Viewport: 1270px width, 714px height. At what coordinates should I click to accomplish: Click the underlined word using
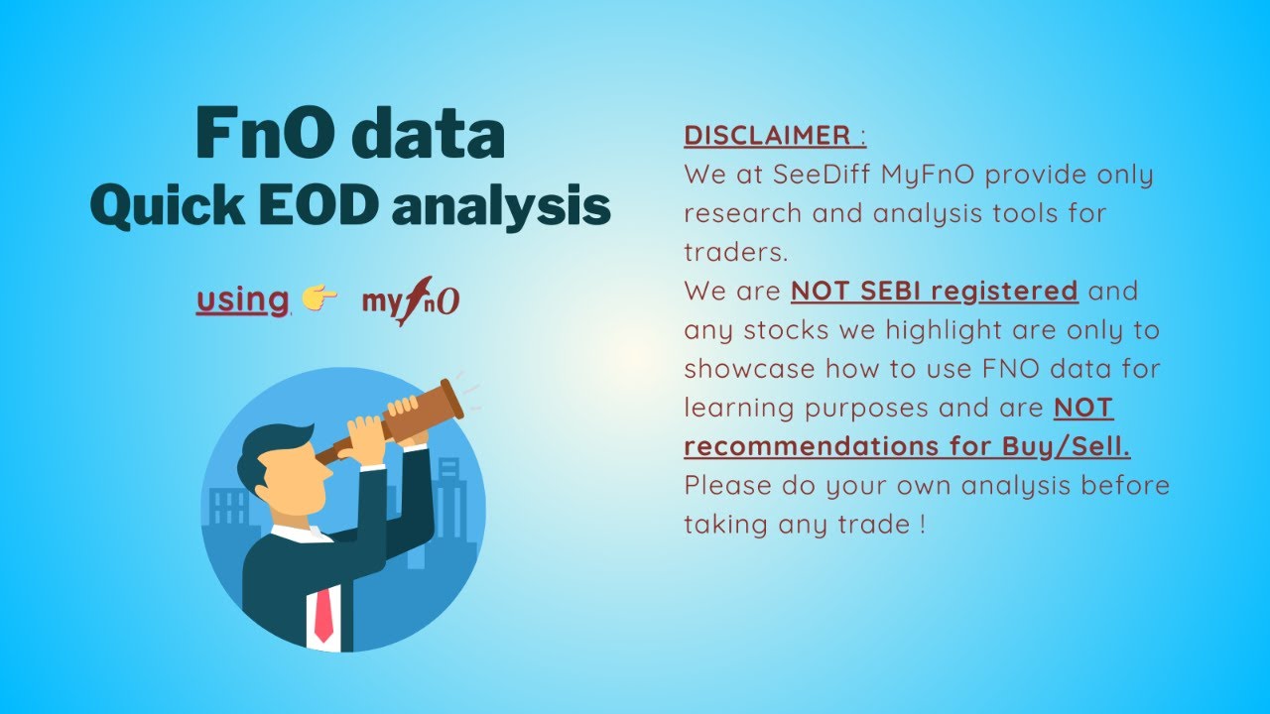point(242,299)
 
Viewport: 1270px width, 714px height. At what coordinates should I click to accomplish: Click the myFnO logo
point(410,300)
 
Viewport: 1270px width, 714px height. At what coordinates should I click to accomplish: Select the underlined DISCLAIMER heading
point(767,136)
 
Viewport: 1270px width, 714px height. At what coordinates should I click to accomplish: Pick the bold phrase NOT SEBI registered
point(934,292)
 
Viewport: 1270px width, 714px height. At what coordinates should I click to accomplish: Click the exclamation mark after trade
point(923,525)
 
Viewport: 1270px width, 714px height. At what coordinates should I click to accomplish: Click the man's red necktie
point(323,614)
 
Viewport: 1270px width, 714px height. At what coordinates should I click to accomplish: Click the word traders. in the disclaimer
point(735,252)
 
